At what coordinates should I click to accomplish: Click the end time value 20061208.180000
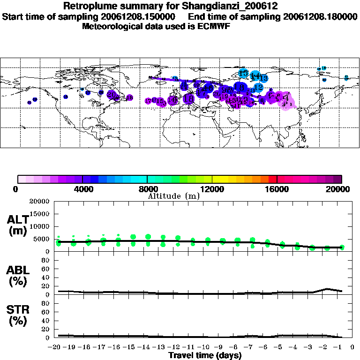tap(320, 16)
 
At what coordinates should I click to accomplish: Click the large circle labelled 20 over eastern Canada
tap(112, 94)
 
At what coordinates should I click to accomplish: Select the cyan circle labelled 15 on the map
tap(243, 73)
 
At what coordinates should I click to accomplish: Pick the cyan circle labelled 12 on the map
tap(259, 87)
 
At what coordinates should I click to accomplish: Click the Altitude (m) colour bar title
tap(173, 196)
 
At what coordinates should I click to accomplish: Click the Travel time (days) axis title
tap(205, 355)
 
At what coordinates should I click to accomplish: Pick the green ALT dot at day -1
tap(342, 247)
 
